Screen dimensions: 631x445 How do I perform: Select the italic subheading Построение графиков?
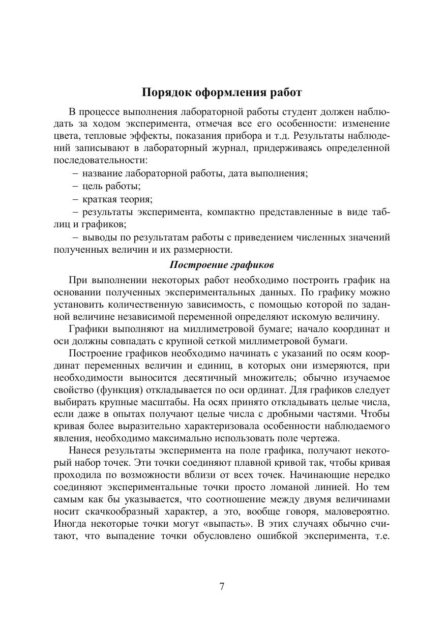[222, 265]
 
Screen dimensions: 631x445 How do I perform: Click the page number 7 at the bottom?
[222, 586]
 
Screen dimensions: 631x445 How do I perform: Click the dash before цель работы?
[75, 186]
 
